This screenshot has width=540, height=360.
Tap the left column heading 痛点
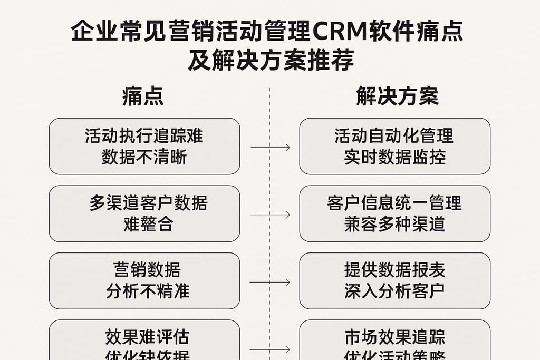click(x=143, y=96)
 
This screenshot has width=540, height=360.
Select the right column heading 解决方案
click(x=397, y=96)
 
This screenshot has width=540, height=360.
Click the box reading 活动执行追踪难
click(x=144, y=146)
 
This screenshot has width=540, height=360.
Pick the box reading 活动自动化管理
click(x=394, y=146)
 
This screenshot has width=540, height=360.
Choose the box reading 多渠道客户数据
click(x=144, y=213)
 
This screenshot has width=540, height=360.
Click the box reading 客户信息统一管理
click(x=394, y=213)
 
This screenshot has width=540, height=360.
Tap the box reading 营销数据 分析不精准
click(x=144, y=280)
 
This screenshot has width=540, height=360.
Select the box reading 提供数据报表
click(x=394, y=280)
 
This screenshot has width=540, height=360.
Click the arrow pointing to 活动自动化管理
click(x=270, y=148)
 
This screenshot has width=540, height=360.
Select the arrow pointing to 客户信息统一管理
click(x=270, y=215)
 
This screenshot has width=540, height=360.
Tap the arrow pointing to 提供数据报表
click(x=270, y=283)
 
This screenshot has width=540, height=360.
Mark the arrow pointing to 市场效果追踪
click(x=270, y=349)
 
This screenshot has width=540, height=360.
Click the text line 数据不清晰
click(x=144, y=157)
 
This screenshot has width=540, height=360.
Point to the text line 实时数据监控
click(x=394, y=157)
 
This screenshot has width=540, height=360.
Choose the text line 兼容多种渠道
click(x=394, y=224)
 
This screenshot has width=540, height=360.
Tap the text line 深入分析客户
click(x=394, y=291)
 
